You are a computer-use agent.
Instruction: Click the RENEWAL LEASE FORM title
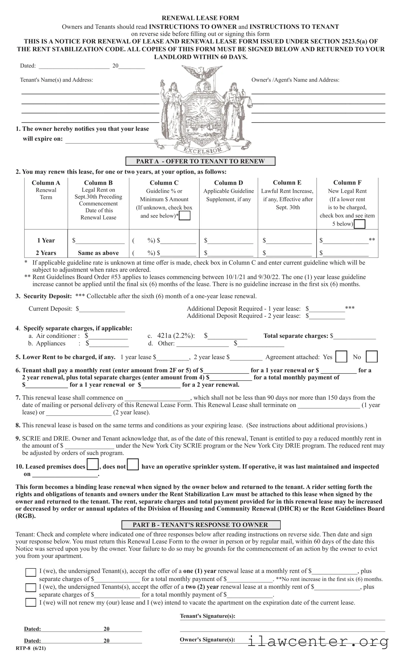tap(200, 18)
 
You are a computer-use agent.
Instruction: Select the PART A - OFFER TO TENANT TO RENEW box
tap(200, 161)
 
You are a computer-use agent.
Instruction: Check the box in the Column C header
tap(185, 216)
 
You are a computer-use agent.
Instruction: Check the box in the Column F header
tap(359, 224)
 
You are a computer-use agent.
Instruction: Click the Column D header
tap(228, 183)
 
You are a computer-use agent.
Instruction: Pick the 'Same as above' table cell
tap(98, 253)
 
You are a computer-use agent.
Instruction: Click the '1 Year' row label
tap(46, 240)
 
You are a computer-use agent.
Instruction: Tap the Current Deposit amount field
tap(102, 309)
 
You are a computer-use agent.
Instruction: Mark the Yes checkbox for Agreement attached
tap(341, 356)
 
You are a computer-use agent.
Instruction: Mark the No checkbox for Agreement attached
tap(372, 356)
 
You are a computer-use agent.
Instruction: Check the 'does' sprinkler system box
tap(93, 464)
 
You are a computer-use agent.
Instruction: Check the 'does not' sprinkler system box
tap(133, 464)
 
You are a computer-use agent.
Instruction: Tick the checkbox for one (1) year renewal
tap(30, 572)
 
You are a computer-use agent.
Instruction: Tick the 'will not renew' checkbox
tap(30, 602)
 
